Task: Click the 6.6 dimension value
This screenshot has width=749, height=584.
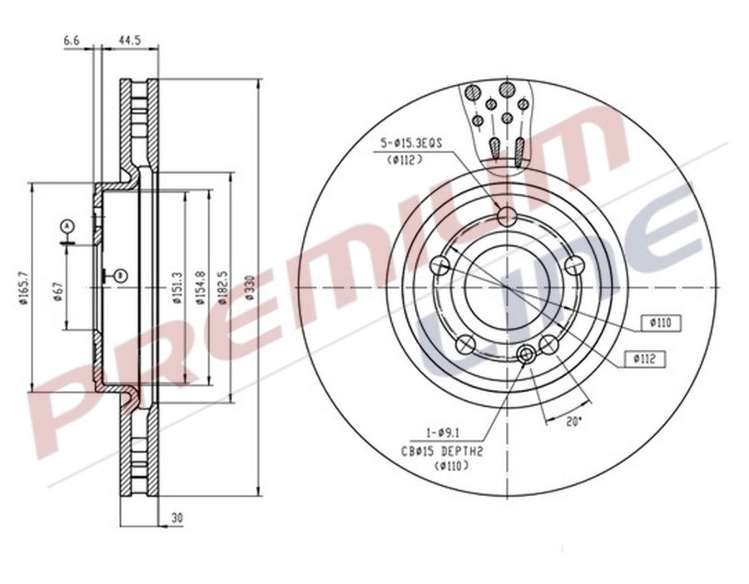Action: click(x=72, y=39)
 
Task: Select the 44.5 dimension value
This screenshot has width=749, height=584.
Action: click(x=128, y=39)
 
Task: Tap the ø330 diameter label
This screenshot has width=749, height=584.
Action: click(x=250, y=288)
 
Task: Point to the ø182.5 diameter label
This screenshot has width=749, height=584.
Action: click(x=224, y=288)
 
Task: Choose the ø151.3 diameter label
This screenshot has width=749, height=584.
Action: click(x=177, y=288)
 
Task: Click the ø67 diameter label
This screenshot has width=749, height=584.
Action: click(x=58, y=290)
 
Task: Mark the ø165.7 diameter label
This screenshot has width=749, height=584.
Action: click(x=23, y=288)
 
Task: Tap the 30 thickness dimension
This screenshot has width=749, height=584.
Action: click(x=176, y=517)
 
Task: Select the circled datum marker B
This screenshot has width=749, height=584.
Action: click(x=121, y=275)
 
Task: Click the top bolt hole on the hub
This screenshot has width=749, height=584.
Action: click(x=507, y=217)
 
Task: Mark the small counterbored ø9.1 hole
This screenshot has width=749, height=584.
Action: click(x=526, y=356)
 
